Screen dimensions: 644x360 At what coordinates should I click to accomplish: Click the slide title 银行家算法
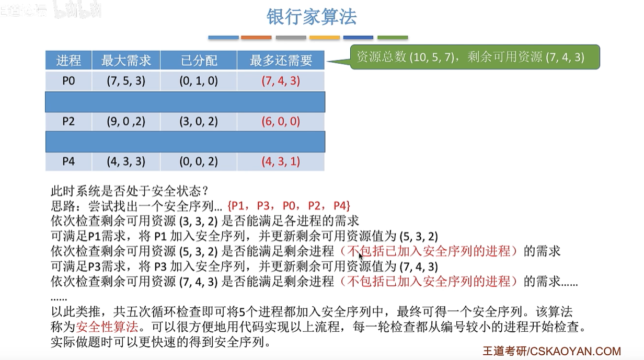(312, 17)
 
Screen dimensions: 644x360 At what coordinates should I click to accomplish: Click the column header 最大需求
(126, 61)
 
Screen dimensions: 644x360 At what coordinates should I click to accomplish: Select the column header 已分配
(199, 61)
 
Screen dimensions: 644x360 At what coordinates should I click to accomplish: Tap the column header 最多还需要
(281, 61)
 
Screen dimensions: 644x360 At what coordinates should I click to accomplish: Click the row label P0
(68, 81)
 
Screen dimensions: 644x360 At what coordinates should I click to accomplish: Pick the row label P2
(68, 121)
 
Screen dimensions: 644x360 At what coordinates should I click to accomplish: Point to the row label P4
(68, 161)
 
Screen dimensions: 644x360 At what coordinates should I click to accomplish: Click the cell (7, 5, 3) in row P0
(126, 81)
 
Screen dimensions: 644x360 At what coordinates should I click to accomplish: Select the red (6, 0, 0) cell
(281, 121)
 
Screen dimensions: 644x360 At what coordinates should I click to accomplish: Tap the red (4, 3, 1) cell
(281, 161)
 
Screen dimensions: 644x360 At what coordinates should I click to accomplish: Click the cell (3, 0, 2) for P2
(199, 121)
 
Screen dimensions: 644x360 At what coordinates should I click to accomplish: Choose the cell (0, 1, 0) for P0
(199, 81)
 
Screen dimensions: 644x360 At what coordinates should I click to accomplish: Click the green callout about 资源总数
(475, 57)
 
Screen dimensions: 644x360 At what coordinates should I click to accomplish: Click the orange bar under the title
(256, 38)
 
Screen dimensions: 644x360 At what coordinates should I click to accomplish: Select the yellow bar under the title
(325, 38)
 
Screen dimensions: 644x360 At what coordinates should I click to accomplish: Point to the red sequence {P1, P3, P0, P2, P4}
(289, 206)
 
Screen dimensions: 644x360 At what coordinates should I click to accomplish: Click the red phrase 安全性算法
(107, 327)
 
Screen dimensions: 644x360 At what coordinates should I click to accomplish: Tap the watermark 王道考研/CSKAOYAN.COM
(551, 351)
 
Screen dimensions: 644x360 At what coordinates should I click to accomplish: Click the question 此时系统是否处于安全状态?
(130, 191)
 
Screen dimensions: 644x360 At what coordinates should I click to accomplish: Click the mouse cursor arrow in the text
(361, 256)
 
